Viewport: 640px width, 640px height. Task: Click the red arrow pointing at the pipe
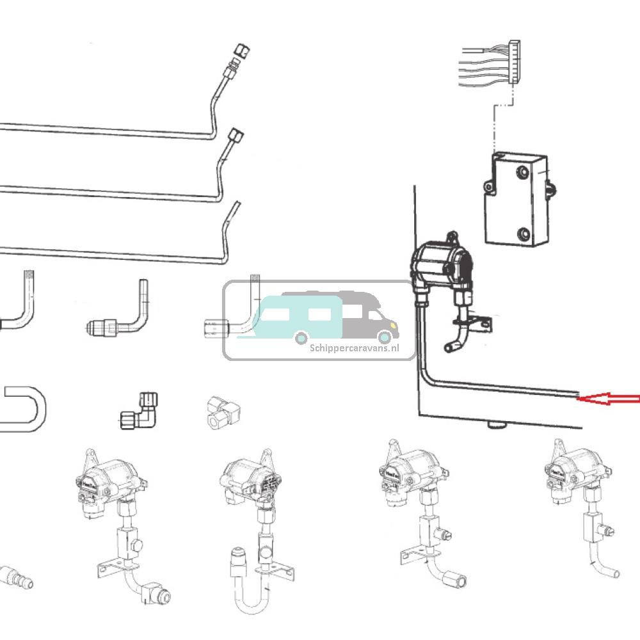click(x=608, y=399)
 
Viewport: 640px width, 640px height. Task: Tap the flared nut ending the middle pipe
click(x=236, y=136)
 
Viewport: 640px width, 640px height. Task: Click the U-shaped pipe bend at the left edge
click(x=26, y=409)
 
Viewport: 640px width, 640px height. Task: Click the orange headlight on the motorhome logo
click(x=385, y=337)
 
